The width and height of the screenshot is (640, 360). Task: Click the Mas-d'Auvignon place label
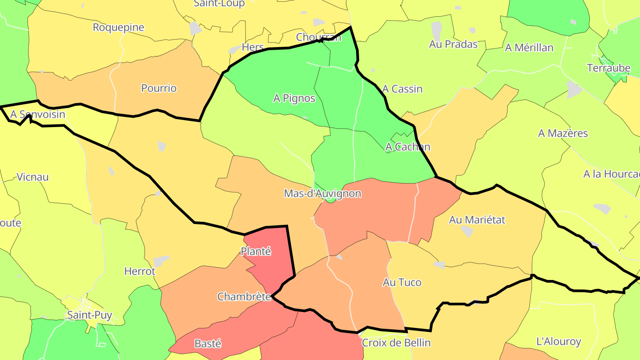coord(322,194)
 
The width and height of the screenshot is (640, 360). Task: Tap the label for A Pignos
coord(294,98)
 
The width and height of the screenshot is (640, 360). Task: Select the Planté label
coord(256,251)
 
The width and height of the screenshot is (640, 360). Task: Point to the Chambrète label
coord(244,296)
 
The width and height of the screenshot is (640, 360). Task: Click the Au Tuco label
coord(402,282)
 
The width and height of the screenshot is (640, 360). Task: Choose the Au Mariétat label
coord(477,220)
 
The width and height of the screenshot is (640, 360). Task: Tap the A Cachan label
coord(408,147)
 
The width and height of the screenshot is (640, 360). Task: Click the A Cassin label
coord(402,89)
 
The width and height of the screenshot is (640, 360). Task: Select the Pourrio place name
coord(159,88)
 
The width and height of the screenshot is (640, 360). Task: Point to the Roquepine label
coord(118,27)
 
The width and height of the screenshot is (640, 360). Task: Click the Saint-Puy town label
coord(89,315)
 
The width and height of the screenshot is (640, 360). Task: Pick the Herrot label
coord(140,271)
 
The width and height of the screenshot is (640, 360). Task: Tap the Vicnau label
coord(32,177)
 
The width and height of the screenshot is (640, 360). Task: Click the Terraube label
coord(608,68)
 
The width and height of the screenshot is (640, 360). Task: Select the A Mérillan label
coord(529,48)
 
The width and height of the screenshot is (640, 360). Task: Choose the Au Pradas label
coord(453,44)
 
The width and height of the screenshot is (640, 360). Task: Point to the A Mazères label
coord(563,133)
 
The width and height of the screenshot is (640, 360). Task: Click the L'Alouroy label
coord(559,341)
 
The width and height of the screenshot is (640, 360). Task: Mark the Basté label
coord(208,344)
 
